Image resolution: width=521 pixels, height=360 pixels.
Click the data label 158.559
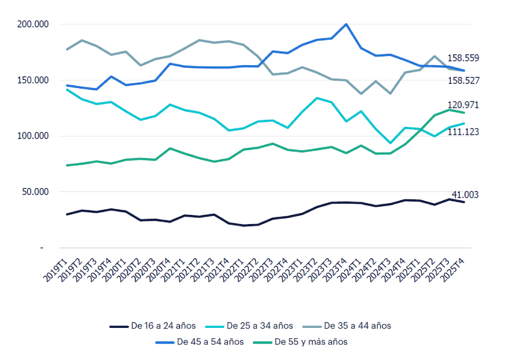[x=463, y=58]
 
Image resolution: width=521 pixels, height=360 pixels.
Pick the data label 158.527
[x=463, y=80]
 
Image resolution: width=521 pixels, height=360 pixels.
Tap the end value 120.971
[x=463, y=105]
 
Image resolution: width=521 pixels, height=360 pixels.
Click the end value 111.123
[x=463, y=132]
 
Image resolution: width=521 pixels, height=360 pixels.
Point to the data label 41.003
[x=465, y=195]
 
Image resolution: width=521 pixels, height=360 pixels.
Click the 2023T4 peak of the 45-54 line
[x=346, y=24]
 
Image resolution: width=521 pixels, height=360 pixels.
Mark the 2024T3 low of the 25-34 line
[x=391, y=143]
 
